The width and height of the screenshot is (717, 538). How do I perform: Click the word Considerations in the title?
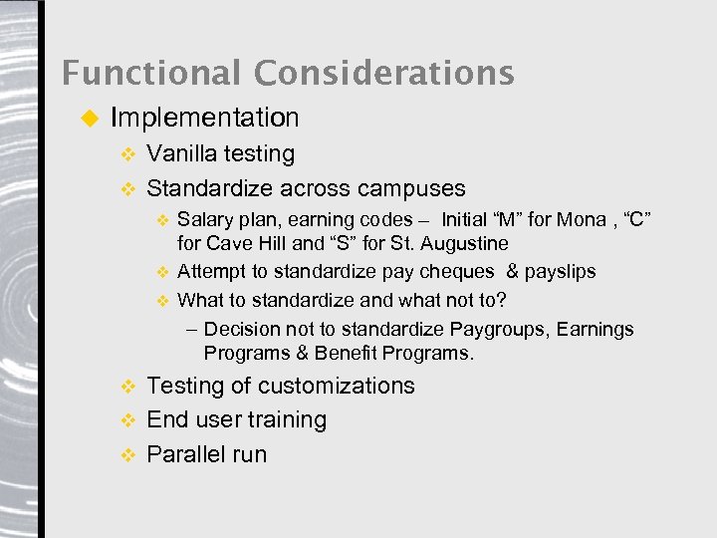tap(383, 73)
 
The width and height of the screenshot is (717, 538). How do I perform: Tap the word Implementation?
tap(204, 118)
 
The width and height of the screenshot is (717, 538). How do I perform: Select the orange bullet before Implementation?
tap(88, 119)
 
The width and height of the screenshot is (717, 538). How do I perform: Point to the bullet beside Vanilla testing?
tap(126, 154)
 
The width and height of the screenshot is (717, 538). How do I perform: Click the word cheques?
tap(461, 271)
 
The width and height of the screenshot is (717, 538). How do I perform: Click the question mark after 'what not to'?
tap(501, 299)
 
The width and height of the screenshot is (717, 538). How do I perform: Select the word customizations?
tap(336, 386)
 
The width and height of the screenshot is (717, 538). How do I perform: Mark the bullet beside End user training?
tap(126, 420)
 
